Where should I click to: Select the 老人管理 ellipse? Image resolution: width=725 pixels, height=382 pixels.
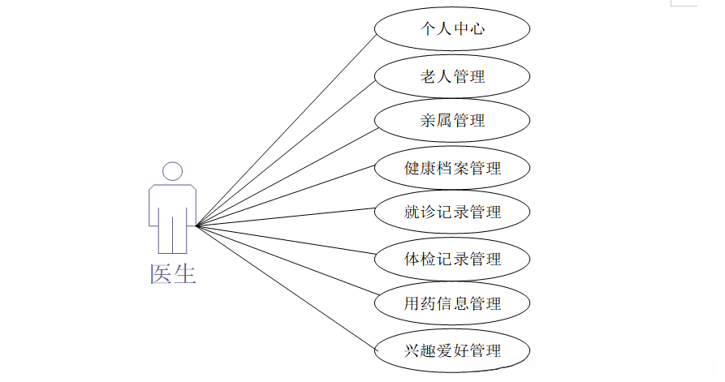point(452,77)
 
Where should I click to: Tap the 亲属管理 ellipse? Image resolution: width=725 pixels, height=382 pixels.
point(452,120)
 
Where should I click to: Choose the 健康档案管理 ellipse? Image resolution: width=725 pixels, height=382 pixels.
point(452,169)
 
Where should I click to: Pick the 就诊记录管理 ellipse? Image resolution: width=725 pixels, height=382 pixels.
point(452,212)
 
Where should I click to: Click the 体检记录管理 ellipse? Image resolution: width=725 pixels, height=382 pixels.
point(452,260)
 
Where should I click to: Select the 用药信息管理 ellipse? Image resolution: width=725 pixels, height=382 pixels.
point(452,304)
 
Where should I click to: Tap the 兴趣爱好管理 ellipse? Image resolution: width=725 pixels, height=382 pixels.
point(452,351)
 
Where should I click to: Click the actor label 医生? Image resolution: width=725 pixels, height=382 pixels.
point(173,274)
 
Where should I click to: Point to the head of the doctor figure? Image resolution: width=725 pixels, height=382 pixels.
point(172,171)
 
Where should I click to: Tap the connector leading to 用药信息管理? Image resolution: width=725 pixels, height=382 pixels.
point(285,264)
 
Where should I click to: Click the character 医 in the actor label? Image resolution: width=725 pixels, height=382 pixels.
point(161,274)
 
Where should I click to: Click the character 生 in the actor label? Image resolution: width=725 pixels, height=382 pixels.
point(185,274)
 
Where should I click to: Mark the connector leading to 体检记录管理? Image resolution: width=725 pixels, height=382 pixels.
point(285,241)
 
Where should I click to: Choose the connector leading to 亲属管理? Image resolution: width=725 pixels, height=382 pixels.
point(285,174)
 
